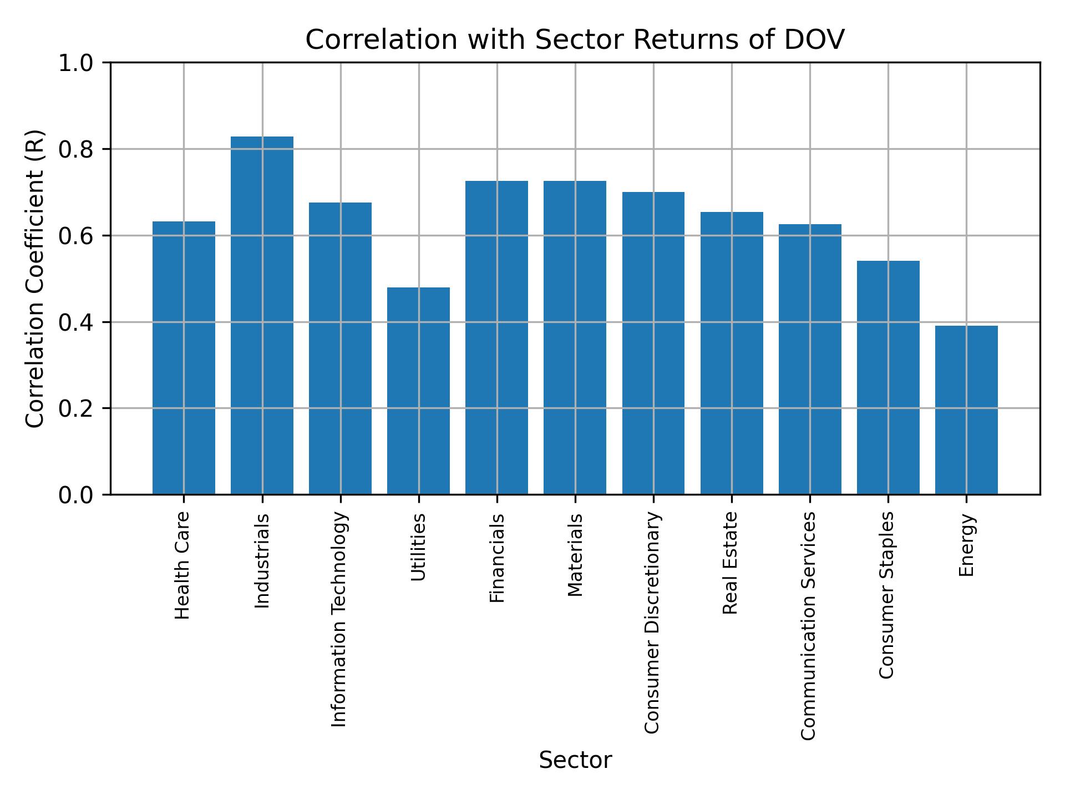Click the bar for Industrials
click(x=262, y=315)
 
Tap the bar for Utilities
click(x=418, y=391)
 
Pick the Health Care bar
click(x=184, y=357)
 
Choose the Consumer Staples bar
click(x=888, y=377)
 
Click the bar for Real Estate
click(x=732, y=353)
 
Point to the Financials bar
click(x=496, y=337)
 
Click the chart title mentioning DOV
click(x=575, y=40)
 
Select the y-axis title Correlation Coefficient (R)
click(x=34, y=279)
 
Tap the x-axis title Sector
click(x=575, y=760)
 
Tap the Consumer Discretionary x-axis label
click(x=652, y=623)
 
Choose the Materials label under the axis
click(x=575, y=555)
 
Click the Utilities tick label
click(x=418, y=547)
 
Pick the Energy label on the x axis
click(x=966, y=545)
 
